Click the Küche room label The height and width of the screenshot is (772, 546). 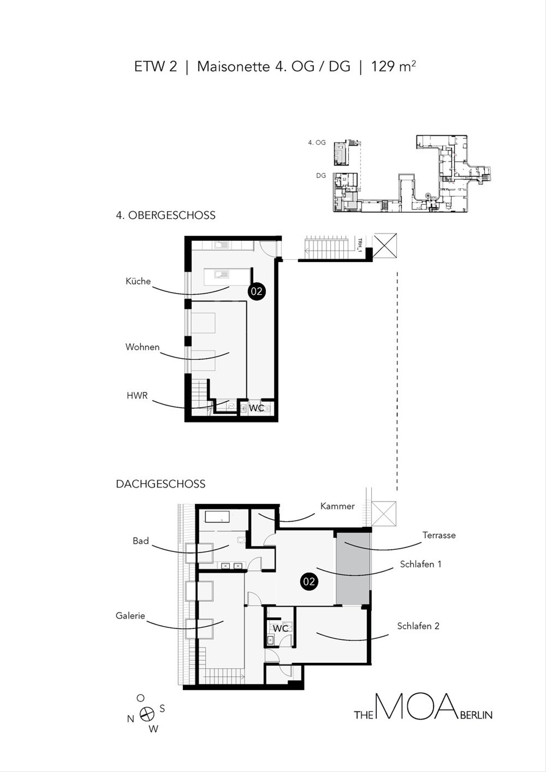138,281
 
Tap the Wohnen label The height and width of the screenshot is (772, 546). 142,347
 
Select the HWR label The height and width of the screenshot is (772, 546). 137,395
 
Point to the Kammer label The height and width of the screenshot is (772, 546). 337,506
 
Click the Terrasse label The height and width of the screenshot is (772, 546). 439,535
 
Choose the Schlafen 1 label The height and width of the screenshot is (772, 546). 420,564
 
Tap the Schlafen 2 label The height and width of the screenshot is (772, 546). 418,626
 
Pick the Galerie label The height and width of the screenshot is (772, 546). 130,616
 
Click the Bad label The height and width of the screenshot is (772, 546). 141,541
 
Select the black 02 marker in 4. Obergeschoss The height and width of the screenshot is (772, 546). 256,292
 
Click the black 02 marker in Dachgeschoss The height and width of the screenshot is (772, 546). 309,582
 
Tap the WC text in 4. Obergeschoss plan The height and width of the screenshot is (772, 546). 257,408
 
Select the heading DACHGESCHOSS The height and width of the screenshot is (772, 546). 161,484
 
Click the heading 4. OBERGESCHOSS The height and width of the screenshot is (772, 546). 166,215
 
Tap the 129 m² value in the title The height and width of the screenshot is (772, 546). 393,66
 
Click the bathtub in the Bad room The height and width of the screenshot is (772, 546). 217,517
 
